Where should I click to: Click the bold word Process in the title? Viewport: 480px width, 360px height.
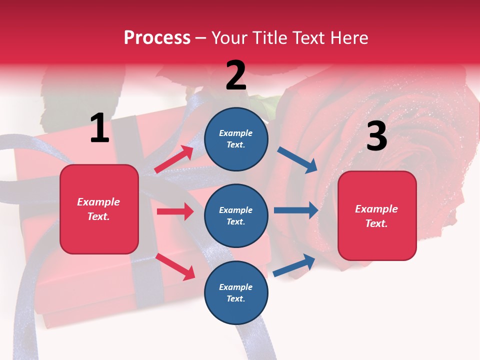157,37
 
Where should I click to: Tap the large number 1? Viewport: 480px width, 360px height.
99,128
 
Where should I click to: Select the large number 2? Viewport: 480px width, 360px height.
236,75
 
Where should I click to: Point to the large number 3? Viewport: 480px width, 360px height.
377,136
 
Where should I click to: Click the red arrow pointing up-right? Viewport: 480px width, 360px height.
174,159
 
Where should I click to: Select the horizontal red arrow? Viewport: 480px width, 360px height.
175,211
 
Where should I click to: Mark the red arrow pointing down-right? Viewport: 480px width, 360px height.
175,266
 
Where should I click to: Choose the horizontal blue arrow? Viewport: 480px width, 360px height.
295,210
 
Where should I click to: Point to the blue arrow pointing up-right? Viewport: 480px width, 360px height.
294,265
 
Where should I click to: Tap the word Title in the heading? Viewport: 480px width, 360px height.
270,37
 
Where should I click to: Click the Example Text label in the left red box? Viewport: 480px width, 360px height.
98,209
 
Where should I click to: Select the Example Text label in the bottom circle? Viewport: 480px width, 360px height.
235,292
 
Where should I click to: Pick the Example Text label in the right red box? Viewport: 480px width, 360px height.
376,216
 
